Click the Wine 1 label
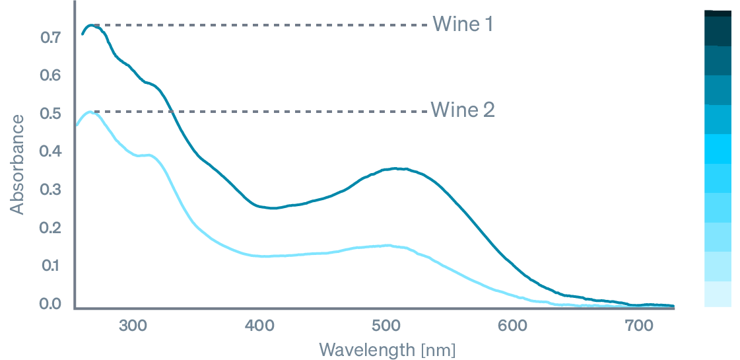click(463, 24)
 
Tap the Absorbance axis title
click(18, 164)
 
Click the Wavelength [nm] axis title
click(387, 349)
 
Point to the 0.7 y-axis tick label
click(50, 38)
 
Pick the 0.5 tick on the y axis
click(50, 114)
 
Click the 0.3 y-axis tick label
click(50, 190)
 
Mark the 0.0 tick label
click(50, 304)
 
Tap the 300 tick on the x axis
click(133, 325)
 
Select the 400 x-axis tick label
click(259, 325)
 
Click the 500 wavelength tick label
click(386, 325)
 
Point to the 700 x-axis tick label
click(637, 325)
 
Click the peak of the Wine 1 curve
click(92, 25)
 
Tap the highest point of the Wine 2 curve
click(90, 112)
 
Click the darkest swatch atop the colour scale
click(718, 13)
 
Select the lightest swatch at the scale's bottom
click(718, 295)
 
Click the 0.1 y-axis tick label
click(50, 266)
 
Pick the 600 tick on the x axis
click(511, 325)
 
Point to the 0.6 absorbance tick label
click(50, 75)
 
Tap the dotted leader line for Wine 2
click(264, 111)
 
